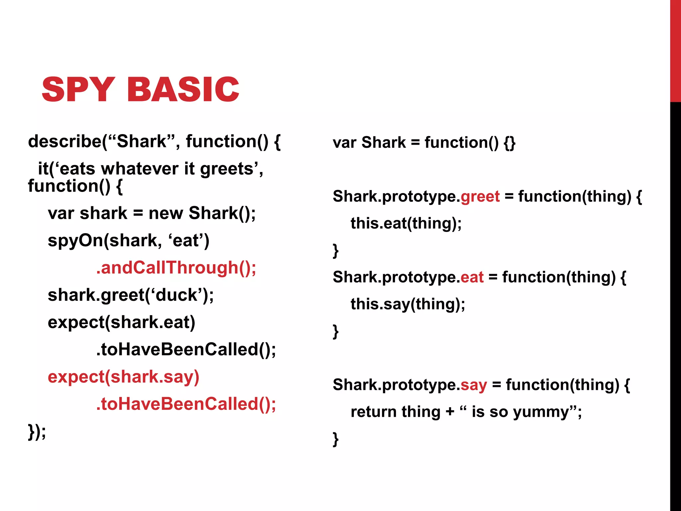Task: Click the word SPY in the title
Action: tap(78, 89)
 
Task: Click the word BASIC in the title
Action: tap(183, 89)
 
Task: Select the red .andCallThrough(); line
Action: tap(176, 268)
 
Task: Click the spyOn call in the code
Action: tap(75, 241)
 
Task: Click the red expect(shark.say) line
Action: tap(123, 377)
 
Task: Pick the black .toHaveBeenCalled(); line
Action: tap(186, 350)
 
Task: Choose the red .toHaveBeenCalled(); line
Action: tap(186, 404)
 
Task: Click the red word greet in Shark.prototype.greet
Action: tap(480, 196)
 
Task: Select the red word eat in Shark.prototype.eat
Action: tap(472, 277)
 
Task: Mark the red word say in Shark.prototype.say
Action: tap(474, 385)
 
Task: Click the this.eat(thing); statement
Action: tap(406, 223)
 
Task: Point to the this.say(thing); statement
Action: tap(408, 304)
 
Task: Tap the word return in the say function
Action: tap(374, 412)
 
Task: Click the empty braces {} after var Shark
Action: tap(509, 143)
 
